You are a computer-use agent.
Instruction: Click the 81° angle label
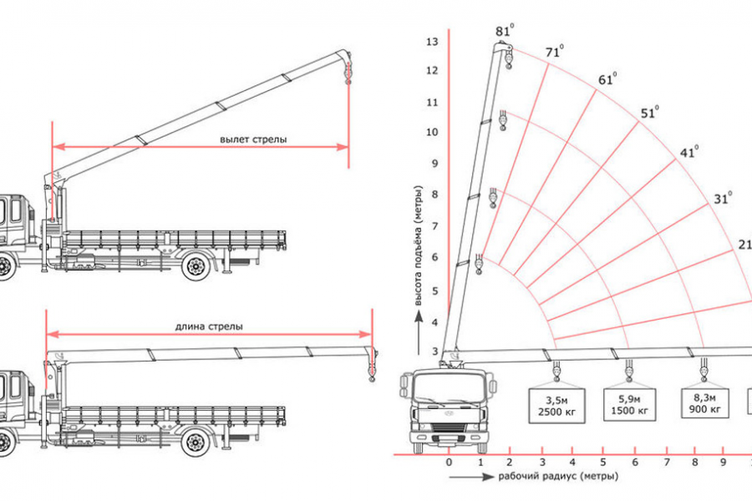pos(504,32)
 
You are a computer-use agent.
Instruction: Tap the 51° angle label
pos(648,114)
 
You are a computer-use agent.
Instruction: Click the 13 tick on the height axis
pos(432,42)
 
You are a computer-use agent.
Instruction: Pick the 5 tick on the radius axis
pos(603,463)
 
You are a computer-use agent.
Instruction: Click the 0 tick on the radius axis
pos(449,463)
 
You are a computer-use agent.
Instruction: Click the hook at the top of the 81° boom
pos(507,58)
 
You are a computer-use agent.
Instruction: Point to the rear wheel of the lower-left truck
pos(197,438)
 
